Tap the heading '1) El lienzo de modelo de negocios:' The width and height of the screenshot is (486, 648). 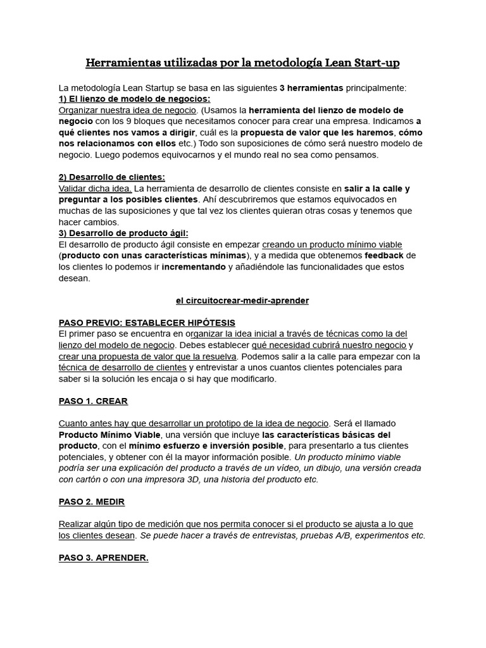pos(134,99)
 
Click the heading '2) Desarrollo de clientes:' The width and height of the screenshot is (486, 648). pos(111,177)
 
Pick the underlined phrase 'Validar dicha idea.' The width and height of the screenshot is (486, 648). pos(95,188)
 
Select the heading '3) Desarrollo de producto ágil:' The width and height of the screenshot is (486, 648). pos(123,233)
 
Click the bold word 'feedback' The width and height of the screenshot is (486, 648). pos(384,256)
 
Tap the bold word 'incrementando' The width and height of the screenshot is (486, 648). pos(194,267)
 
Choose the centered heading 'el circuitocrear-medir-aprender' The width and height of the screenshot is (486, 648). pos(242,301)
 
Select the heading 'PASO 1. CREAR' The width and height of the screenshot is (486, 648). pos(93,401)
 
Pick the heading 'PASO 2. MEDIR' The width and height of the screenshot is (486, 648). pos(91,502)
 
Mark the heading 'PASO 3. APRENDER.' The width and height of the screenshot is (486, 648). pos(103,558)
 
